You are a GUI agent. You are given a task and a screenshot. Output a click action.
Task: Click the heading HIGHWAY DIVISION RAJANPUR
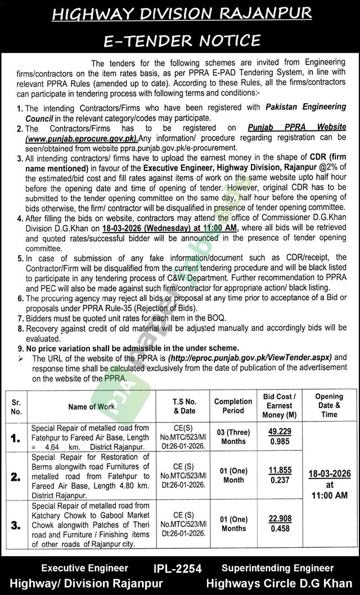[179, 15]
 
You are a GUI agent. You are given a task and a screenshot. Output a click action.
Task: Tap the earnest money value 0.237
[281, 480]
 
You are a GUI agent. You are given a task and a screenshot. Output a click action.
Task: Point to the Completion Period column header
[233, 406]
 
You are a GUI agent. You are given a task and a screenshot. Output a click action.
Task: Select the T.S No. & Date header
[184, 406]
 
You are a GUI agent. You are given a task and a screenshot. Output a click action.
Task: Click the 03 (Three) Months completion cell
[233, 437]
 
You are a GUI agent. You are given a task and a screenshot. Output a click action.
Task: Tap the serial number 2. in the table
[15, 476]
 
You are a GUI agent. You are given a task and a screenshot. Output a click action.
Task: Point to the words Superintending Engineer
[277, 569]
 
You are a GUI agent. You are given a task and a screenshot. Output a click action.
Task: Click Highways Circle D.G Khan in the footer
[279, 583]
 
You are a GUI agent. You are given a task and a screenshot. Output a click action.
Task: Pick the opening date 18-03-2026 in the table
[329, 474]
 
